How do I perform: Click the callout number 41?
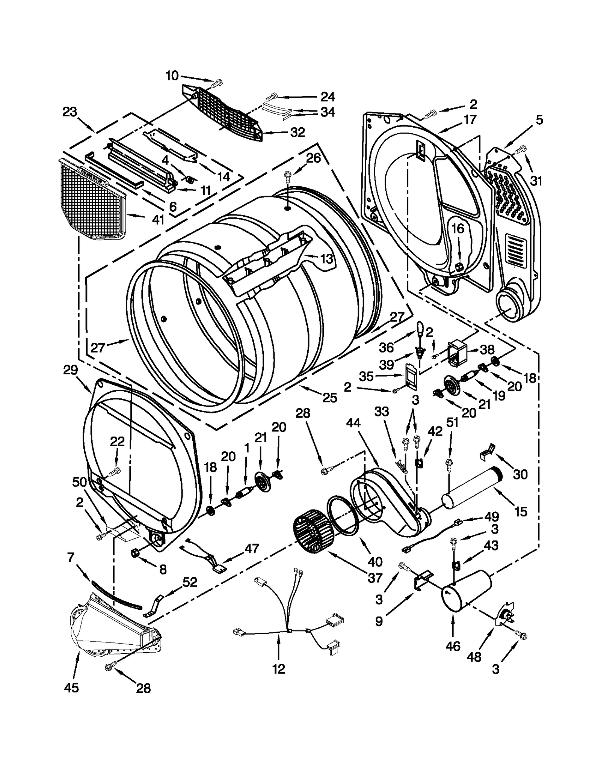[x=158, y=219]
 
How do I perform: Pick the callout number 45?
[x=71, y=688]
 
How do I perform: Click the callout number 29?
[x=70, y=370]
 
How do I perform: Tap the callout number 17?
[x=470, y=119]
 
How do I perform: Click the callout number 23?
[x=69, y=112]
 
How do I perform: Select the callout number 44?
[x=353, y=423]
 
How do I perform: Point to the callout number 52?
[x=190, y=582]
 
